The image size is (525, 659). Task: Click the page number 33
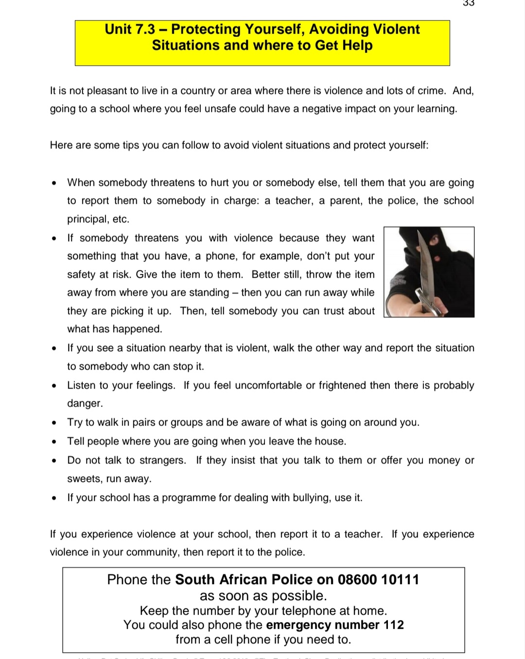468,3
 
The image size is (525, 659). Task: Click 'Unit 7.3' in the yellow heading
130,29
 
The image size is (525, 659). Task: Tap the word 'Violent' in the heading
395,29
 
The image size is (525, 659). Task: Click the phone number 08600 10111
378,580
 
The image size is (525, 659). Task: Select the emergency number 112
393,625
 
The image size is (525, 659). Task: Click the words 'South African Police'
244,580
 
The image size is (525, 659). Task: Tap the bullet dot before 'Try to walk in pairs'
54,423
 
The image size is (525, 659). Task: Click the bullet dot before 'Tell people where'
54,442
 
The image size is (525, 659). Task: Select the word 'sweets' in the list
84,479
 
